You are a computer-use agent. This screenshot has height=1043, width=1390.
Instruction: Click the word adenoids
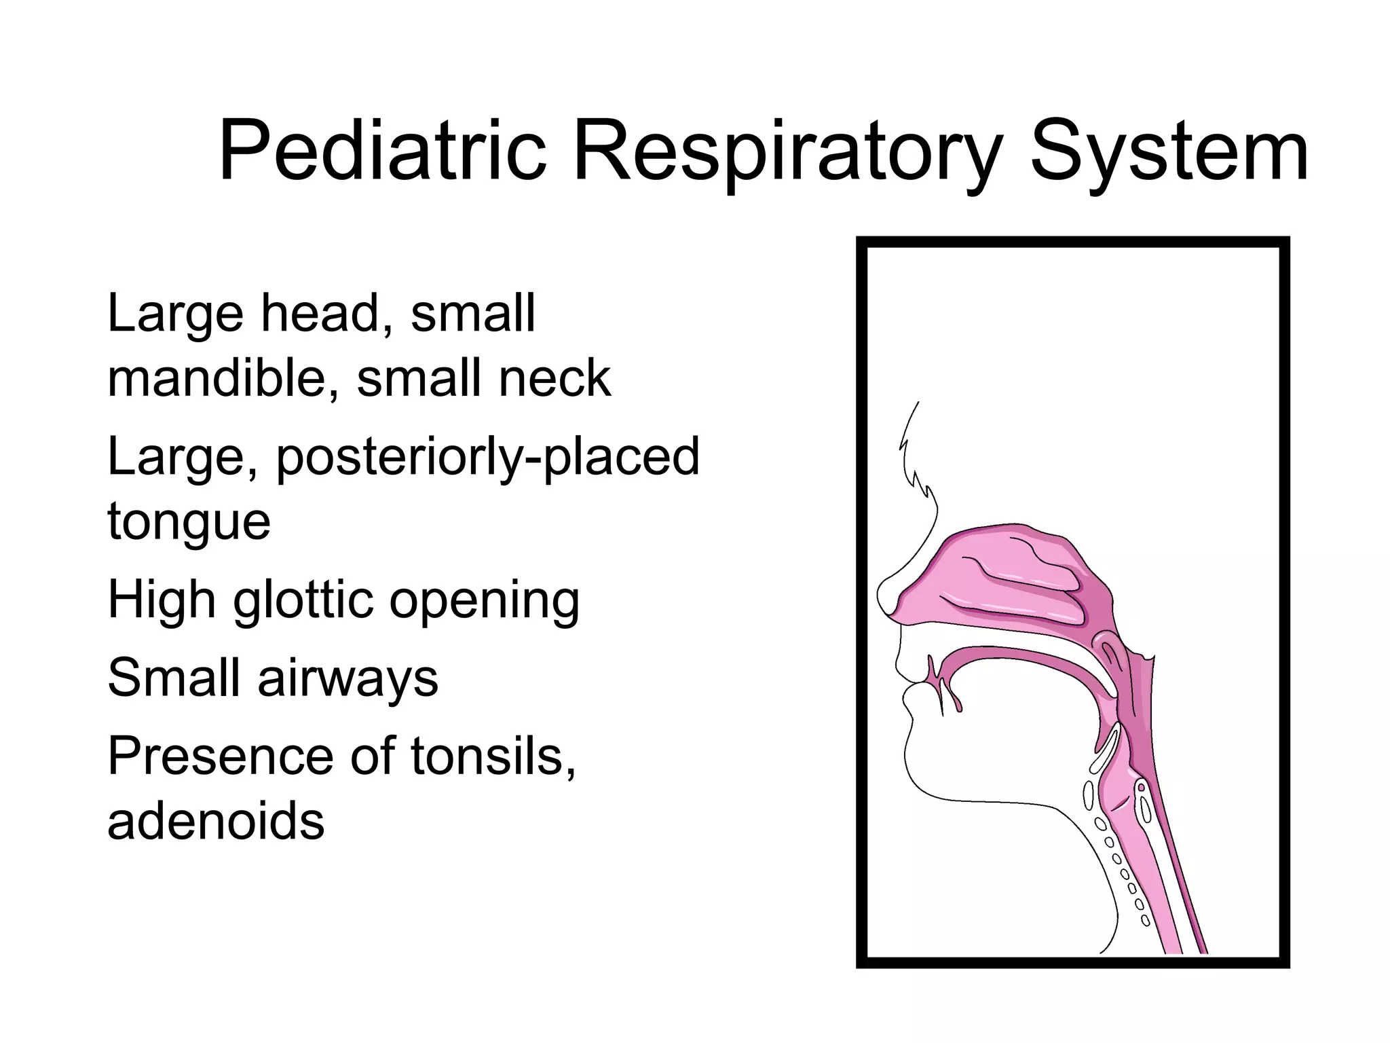click(x=216, y=820)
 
